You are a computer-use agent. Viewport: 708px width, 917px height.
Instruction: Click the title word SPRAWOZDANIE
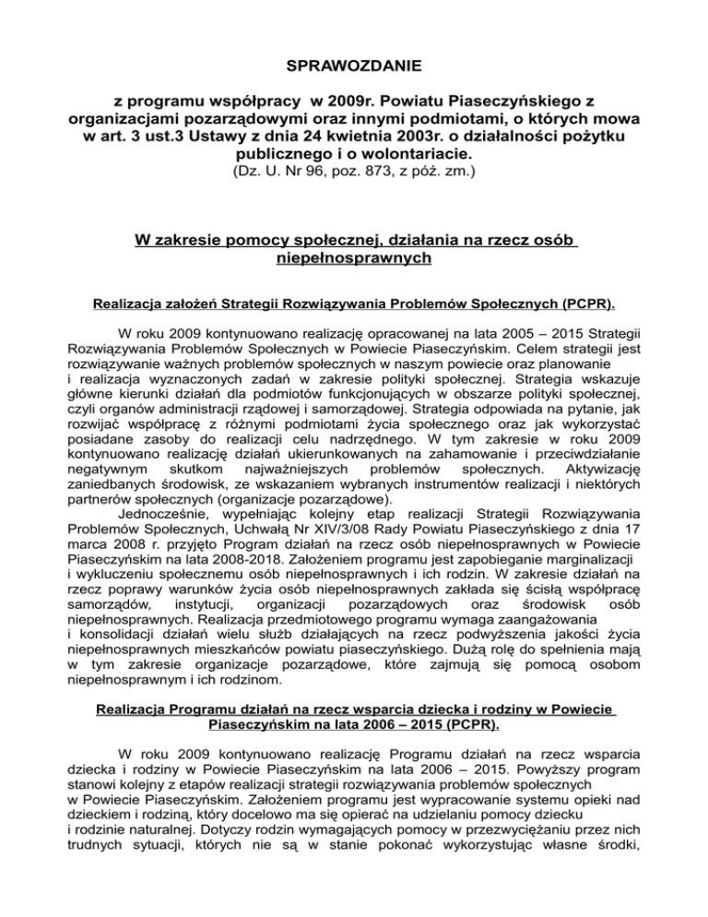point(354,66)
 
